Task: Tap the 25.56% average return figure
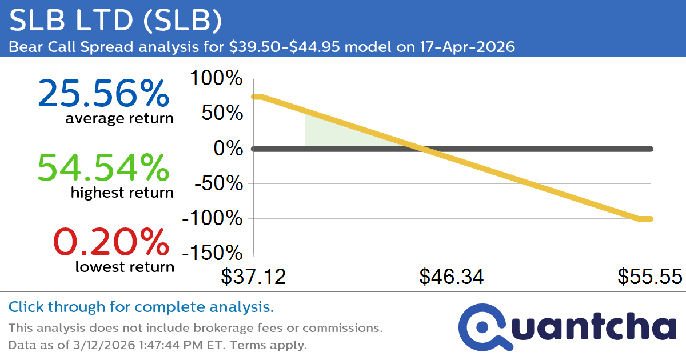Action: tap(103, 94)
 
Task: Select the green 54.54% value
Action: tap(103, 168)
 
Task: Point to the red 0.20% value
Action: tap(111, 242)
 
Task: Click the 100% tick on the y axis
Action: tap(216, 79)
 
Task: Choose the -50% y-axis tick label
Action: tap(217, 184)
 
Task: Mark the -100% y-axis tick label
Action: tap(212, 219)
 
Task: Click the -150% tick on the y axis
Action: tap(212, 254)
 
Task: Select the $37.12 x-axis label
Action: tap(253, 277)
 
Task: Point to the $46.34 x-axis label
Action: tap(452, 277)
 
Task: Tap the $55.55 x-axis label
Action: tap(649, 277)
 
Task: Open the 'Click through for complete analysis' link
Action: tap(141, 307)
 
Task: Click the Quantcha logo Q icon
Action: tap(484, 327)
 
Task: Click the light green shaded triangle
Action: tap(332, 134)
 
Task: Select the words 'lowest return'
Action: tap(125, 266)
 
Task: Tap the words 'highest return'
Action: tap(122, 193)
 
